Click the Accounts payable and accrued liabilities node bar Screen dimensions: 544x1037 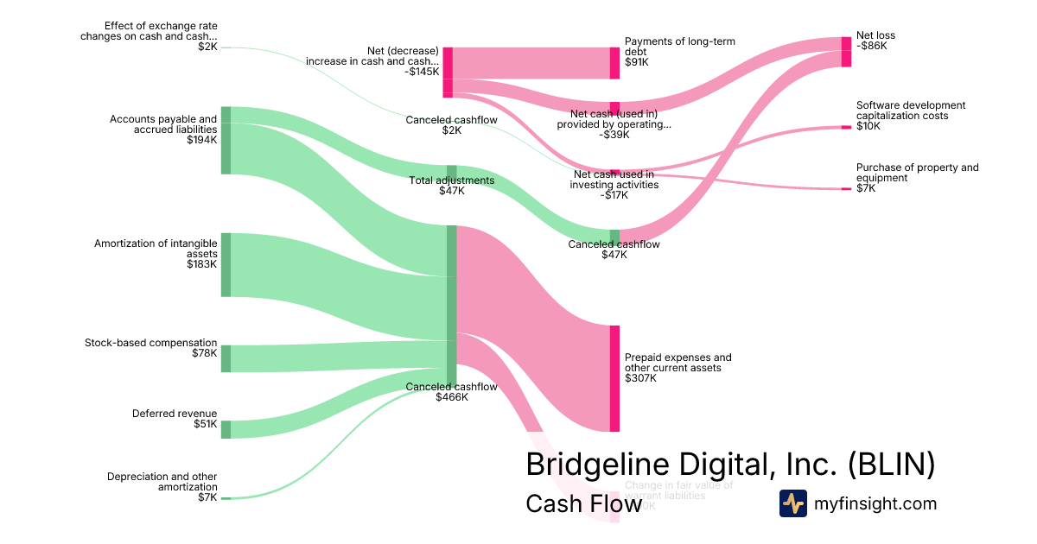226,140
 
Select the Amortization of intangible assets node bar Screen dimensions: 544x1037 226,264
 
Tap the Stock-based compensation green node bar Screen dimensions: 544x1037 226,358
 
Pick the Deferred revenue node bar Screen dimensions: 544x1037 226,429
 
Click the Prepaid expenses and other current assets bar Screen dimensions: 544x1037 614,378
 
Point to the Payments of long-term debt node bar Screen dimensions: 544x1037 614,63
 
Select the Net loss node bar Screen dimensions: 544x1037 846,52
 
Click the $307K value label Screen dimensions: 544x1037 640,378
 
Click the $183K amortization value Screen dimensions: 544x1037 202,264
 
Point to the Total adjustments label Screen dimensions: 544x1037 451,180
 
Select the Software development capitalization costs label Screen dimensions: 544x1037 910,111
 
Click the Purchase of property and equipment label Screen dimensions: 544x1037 917,173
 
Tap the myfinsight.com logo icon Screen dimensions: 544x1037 792,503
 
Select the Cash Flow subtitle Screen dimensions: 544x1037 583,503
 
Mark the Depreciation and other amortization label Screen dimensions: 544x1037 162,482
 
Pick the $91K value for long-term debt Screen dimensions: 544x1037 637,62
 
